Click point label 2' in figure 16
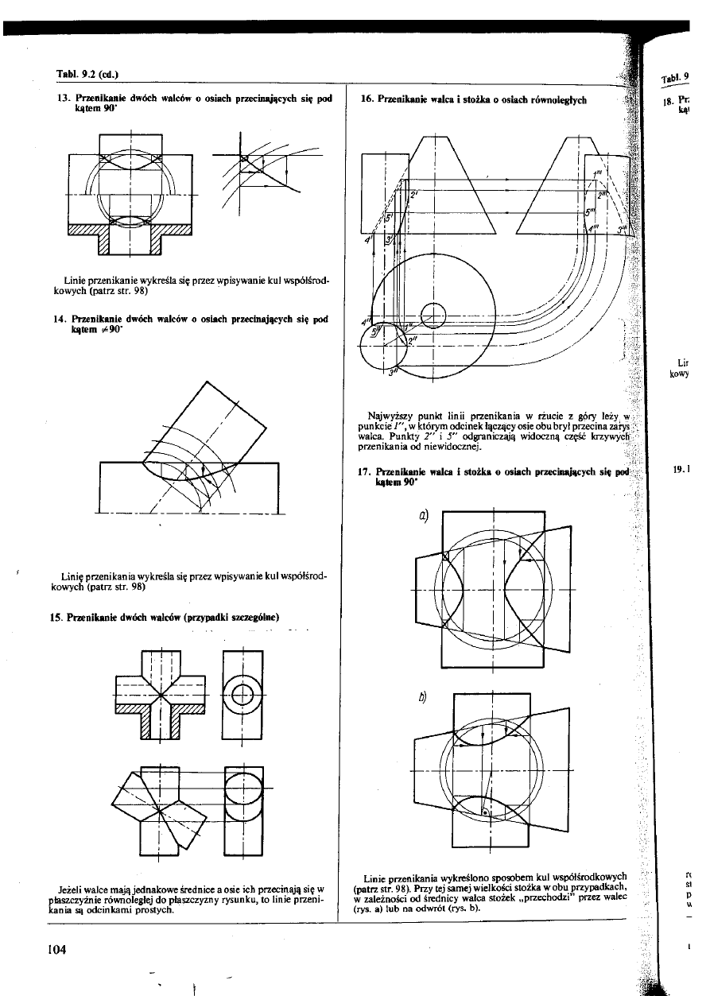coord(413,193)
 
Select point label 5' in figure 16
coord(390,216)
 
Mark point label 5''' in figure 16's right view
coord(590,211)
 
